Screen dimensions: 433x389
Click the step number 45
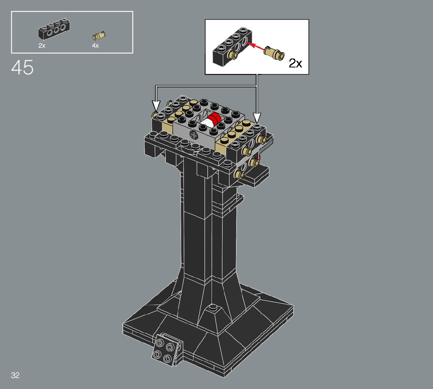[x=22, y=67]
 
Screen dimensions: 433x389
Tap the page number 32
[x=15, y=375]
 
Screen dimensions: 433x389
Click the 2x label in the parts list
[x=42, y=45]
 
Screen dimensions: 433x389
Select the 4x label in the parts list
[x=95, y=45]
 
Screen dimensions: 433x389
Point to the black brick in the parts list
[x=54, y=29]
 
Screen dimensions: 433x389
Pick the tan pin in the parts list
[x=99, y=36]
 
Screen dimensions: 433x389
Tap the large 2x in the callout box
[x=296, y=64]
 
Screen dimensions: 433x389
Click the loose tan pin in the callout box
[x=274, y=53]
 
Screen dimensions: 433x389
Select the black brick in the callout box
[x=232, y=47]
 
